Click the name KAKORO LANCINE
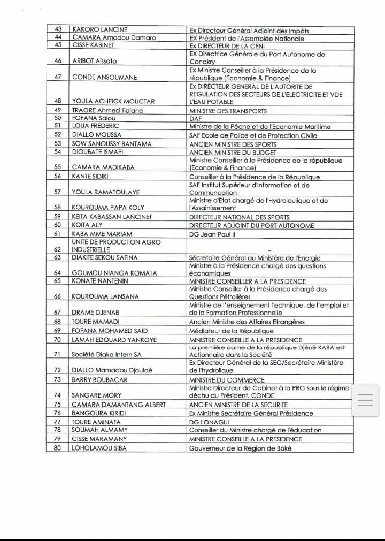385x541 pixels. pyautogui.click(x=100, y=30)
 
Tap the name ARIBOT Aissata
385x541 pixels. pyautogui.click(x=94, y=62)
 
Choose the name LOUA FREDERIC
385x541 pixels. pyautogui.click(x=95, y=126)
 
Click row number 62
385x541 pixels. pyautogui.click(x=58, y=249)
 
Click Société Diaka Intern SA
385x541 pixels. pyautogui.click(x=107, y=354)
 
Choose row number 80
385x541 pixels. pyautogui.click(x=58, y=448)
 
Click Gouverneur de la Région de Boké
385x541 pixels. pyautogui.click(x=240, y=448)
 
